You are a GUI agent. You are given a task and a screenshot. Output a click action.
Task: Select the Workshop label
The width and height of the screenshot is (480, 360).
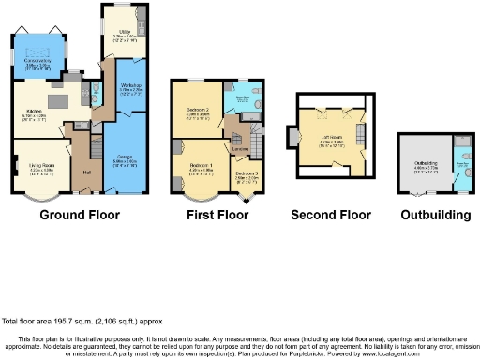click(x=130, y=87)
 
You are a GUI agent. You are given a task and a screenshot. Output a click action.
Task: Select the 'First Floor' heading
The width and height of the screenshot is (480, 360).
click(x=215, y=215)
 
